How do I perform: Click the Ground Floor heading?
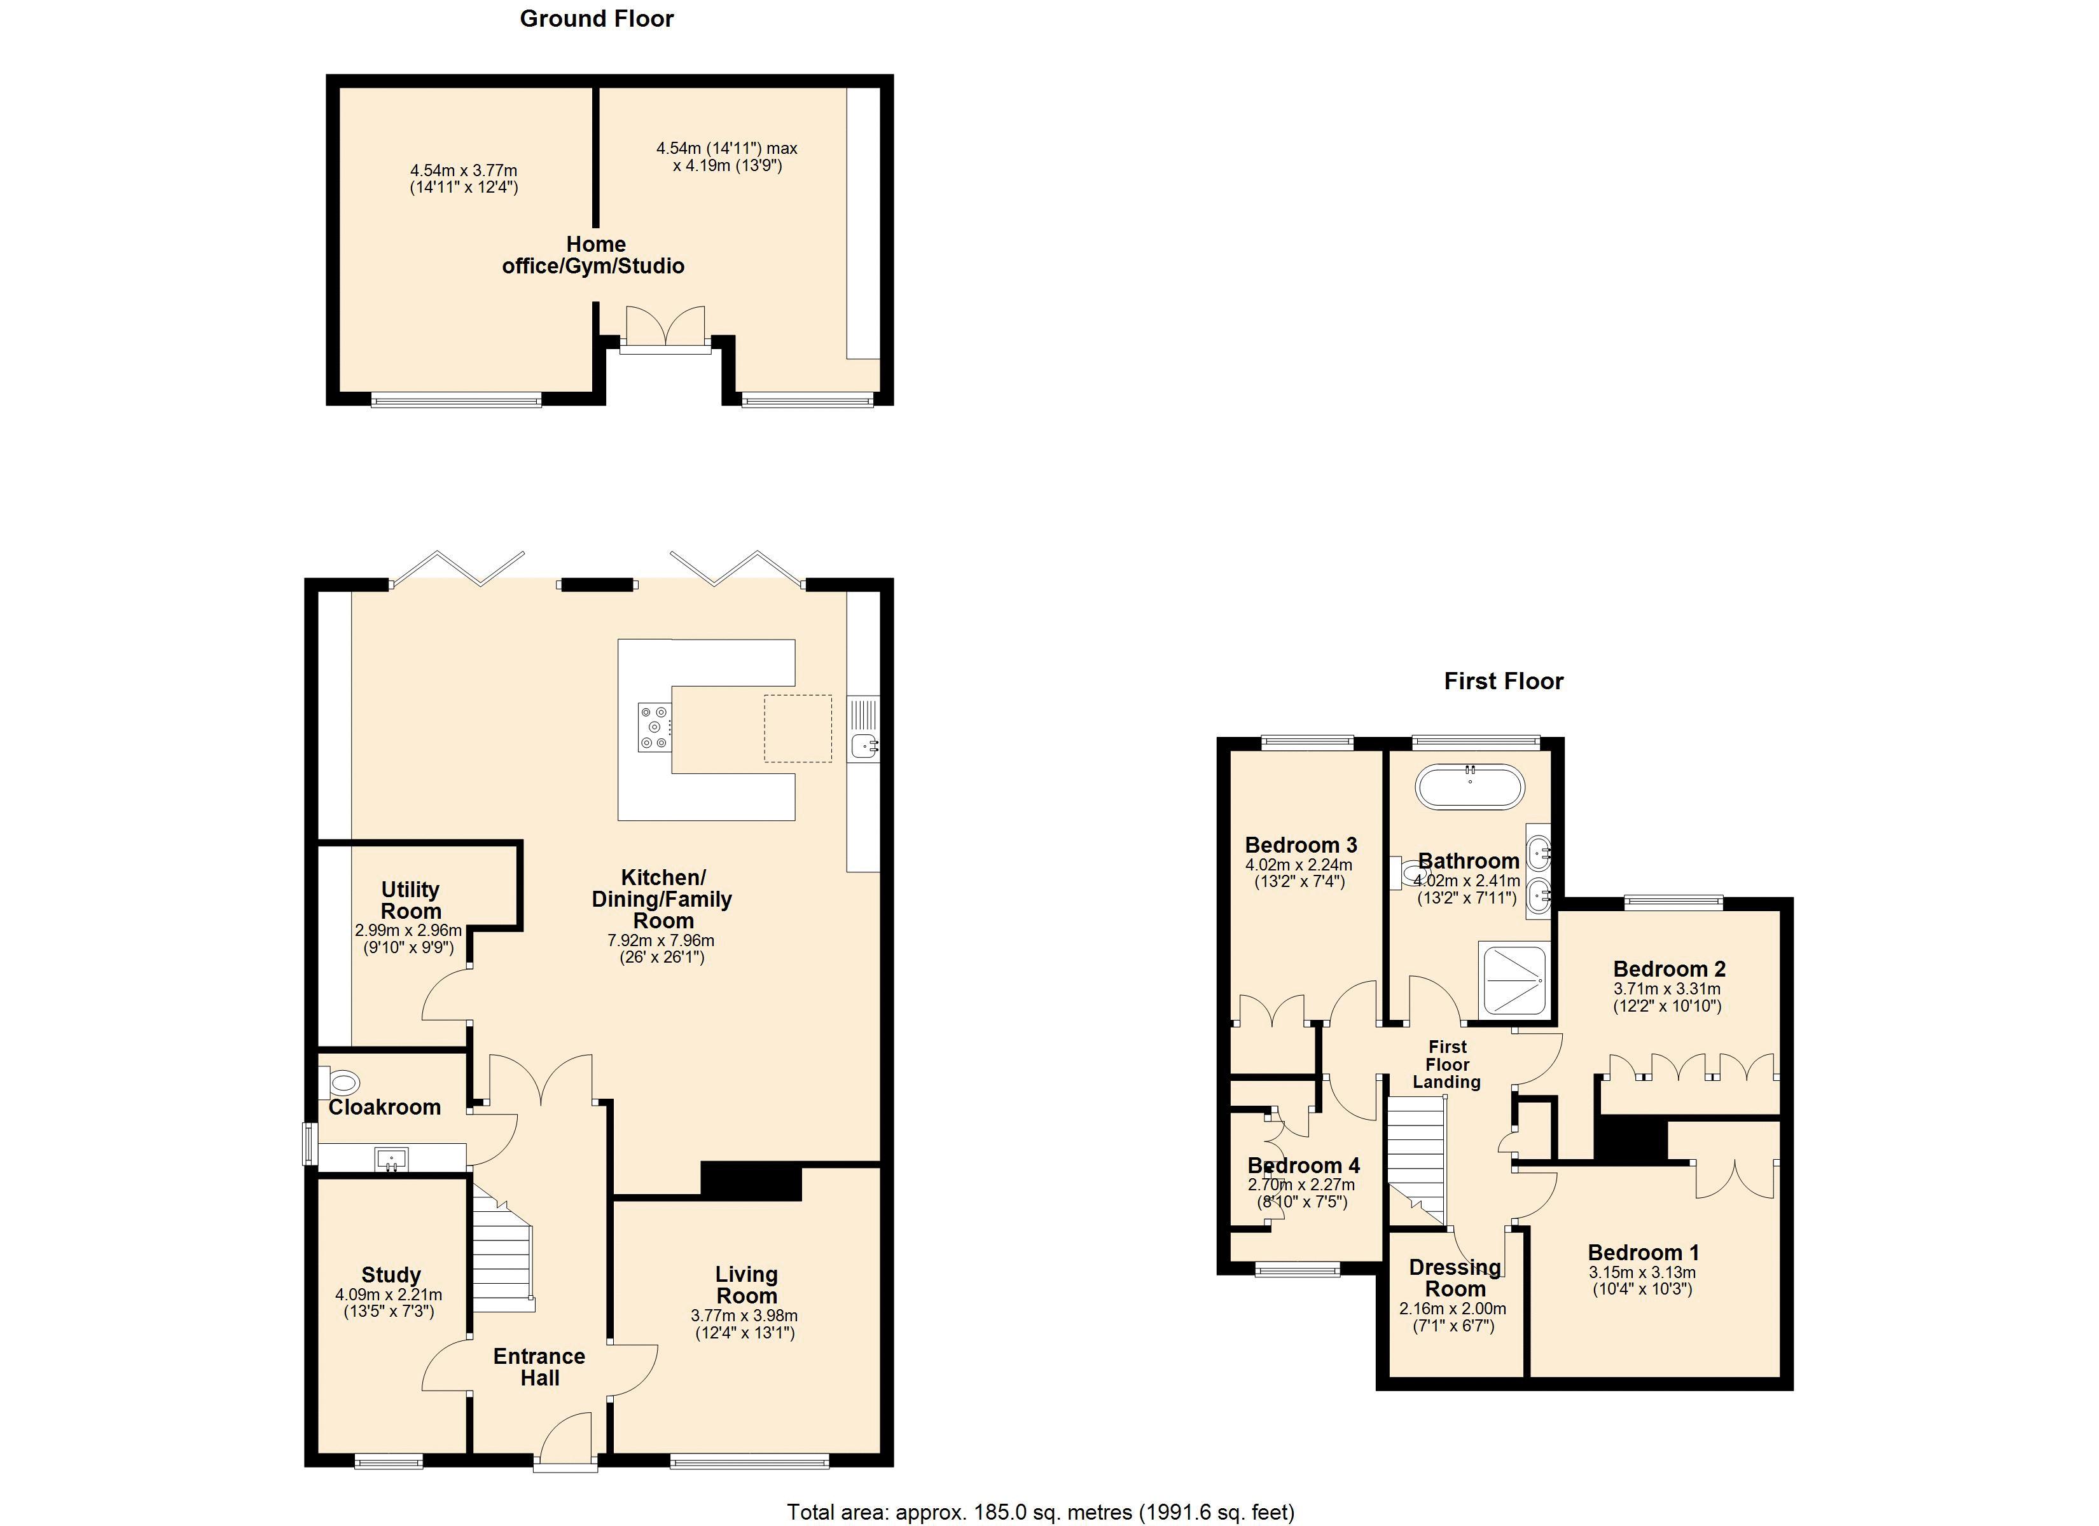tap(597, 18)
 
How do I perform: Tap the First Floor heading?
tap(1504, 681)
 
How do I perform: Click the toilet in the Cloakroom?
tap(340, 1082)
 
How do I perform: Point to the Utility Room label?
tap(410, 900)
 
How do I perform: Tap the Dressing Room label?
tap(1455, 1278)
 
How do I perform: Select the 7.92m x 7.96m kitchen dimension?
tap(661, 940)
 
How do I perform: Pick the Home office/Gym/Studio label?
tap(594, 256)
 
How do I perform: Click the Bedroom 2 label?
tap(1670, 969)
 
